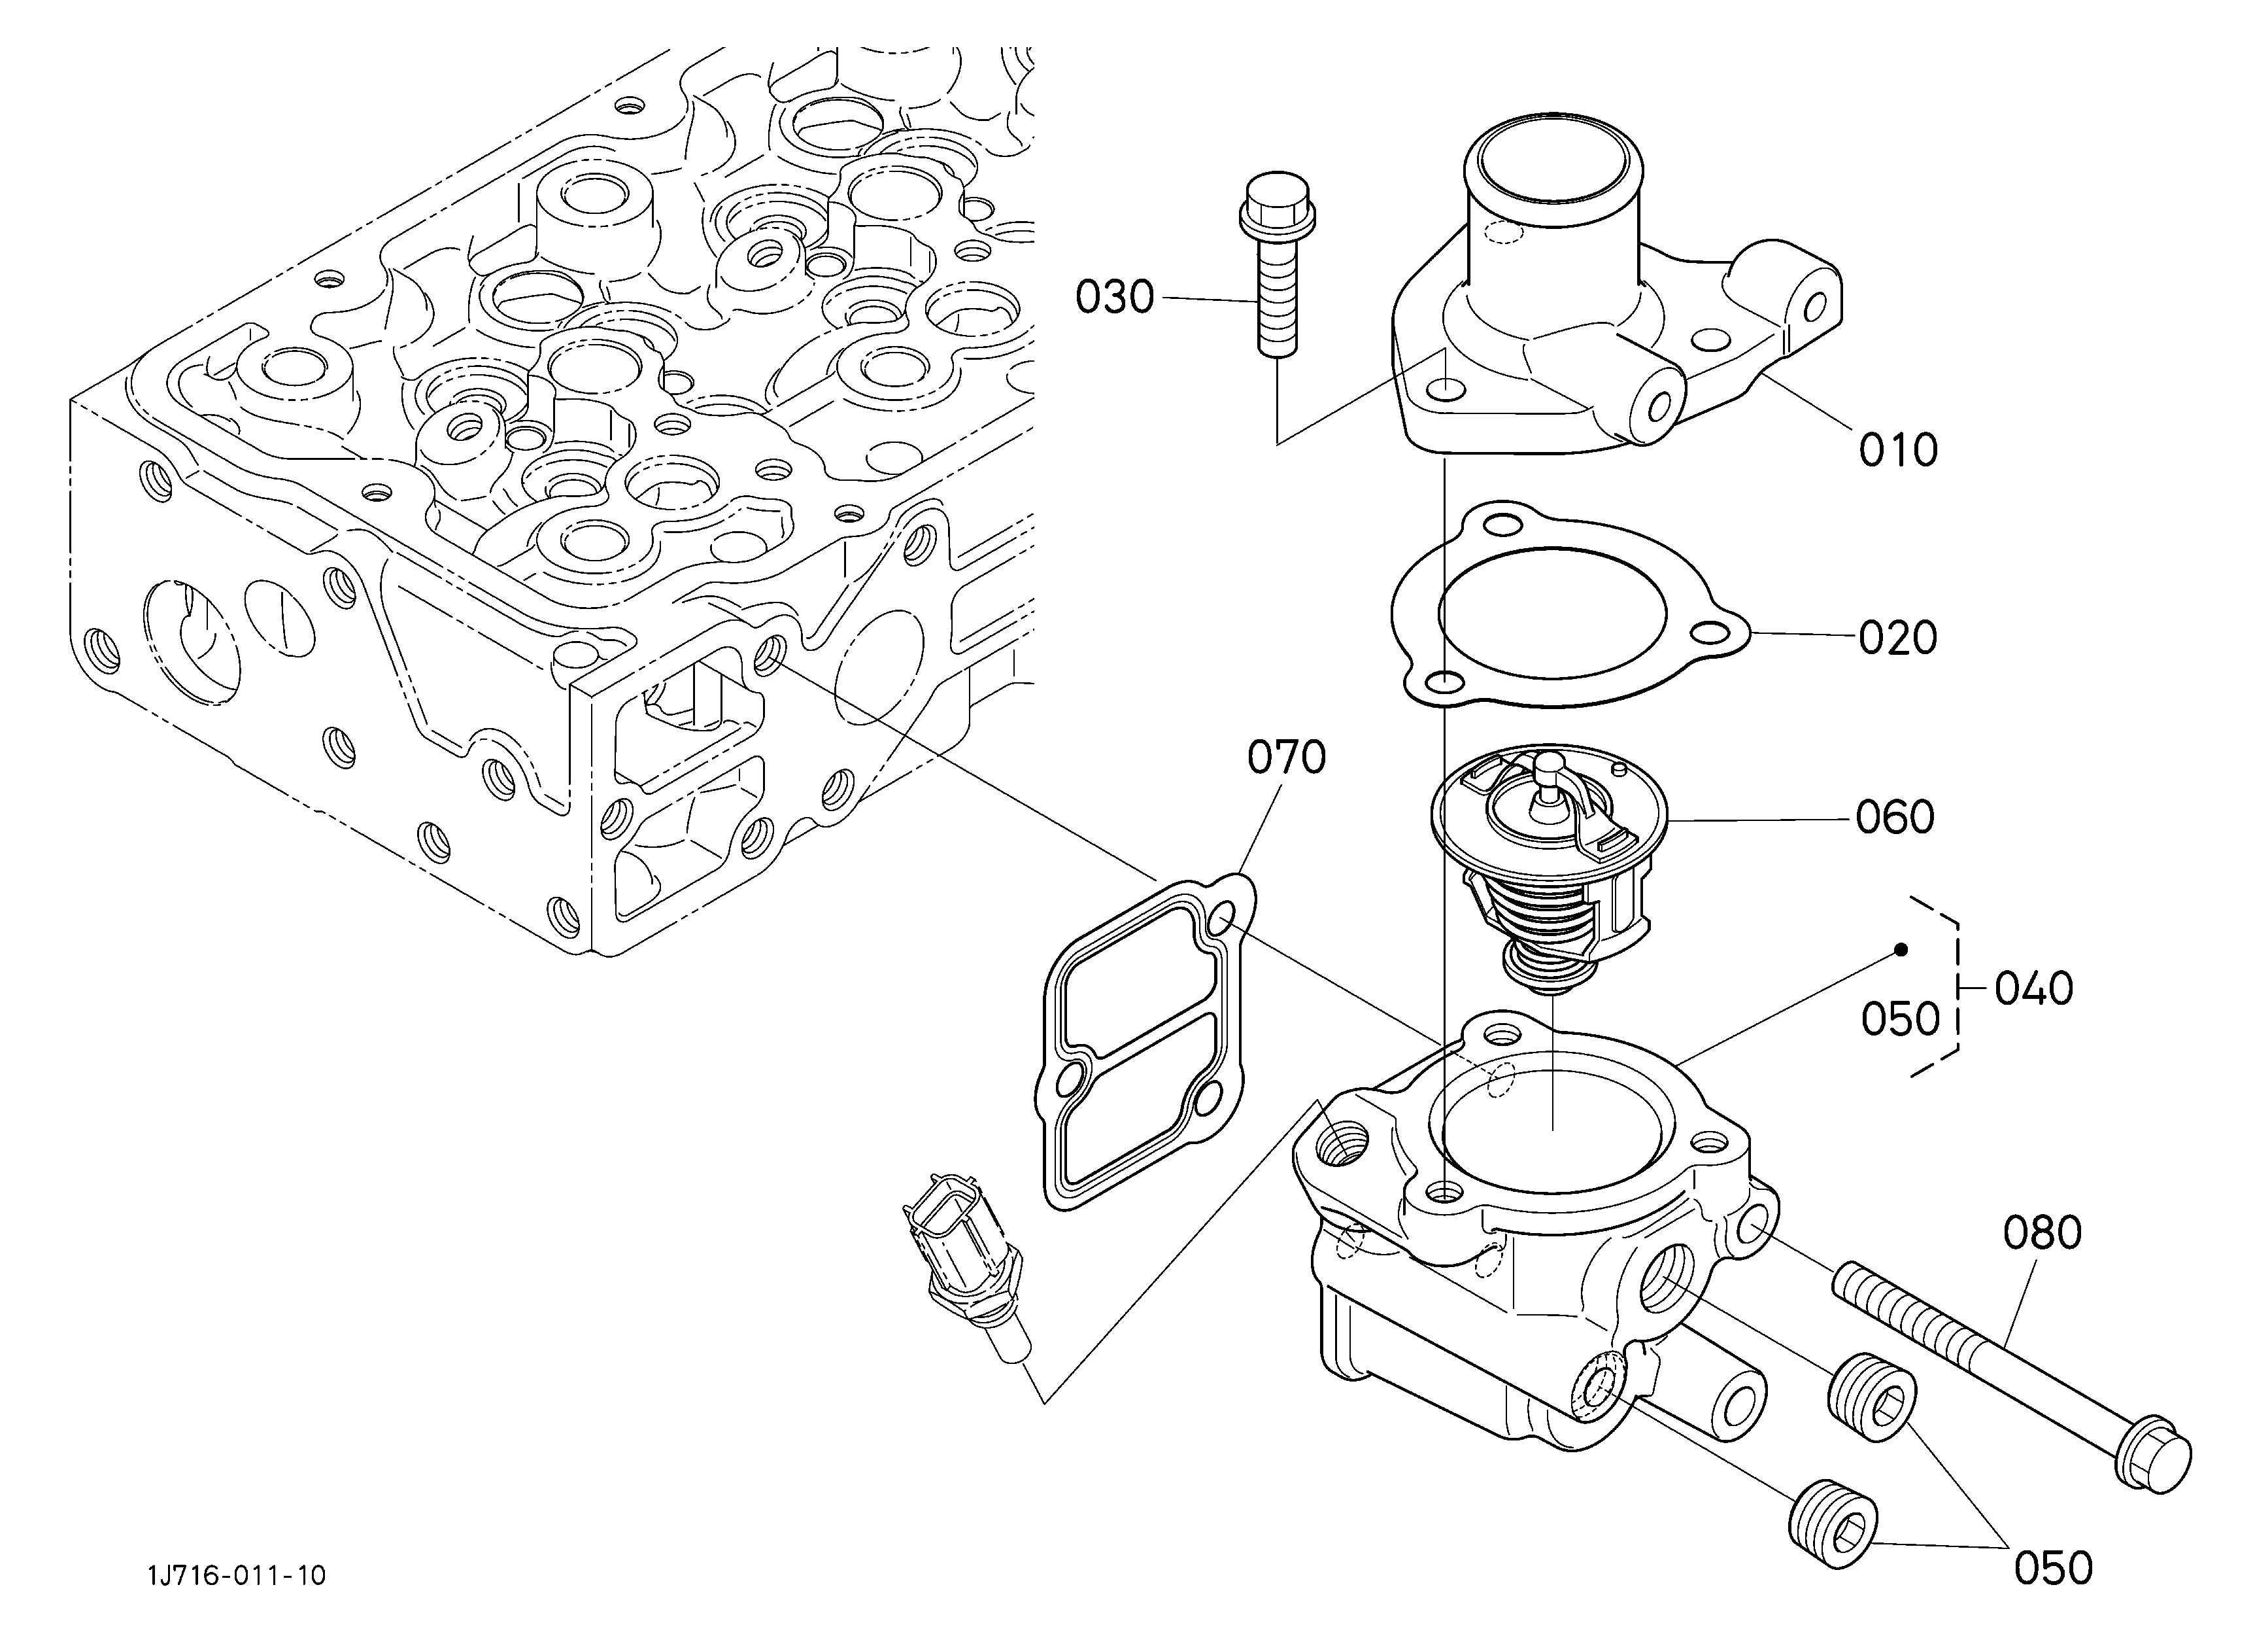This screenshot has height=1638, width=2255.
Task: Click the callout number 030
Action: point(1115,298)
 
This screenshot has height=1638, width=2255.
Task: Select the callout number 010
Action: point(1898,451)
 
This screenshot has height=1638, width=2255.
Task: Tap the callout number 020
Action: point(1898,638)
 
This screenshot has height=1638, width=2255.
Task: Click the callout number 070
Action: point(1287,758)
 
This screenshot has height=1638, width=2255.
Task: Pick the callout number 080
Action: point(2043,1232)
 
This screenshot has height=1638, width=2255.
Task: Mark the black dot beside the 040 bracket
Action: point(1901,950)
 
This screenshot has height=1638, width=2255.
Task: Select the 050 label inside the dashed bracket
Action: point(1900,1019)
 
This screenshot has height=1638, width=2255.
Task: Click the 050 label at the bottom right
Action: point(2053,1569)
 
